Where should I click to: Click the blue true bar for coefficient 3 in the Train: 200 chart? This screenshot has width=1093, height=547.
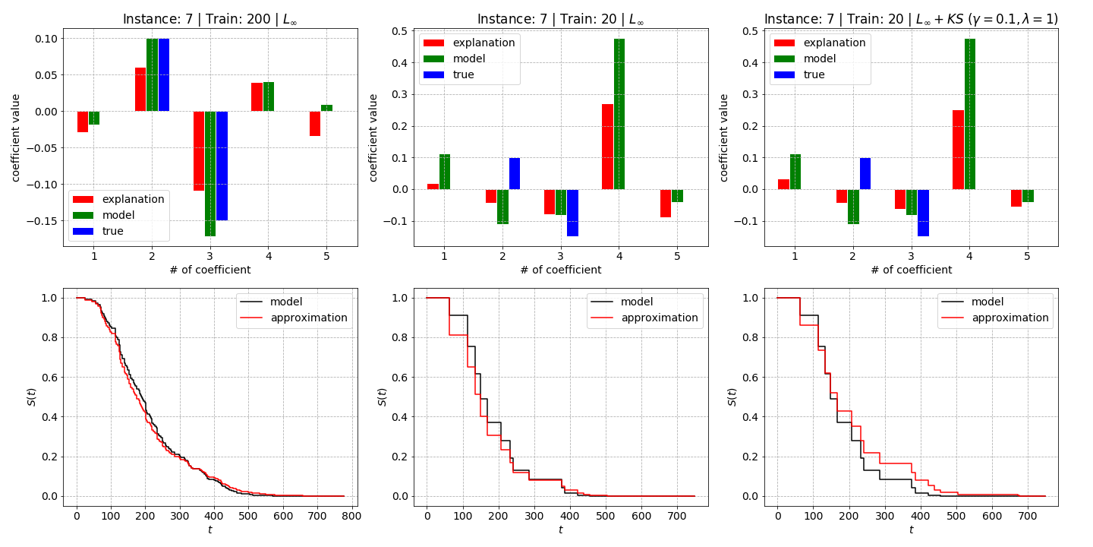click(222, 166)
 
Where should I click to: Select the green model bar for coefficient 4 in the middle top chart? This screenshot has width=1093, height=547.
click(619, 114)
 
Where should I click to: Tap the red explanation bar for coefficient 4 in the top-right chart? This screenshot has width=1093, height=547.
click(959, 150)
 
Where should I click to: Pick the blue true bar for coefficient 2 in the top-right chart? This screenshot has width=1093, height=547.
click(865, 173)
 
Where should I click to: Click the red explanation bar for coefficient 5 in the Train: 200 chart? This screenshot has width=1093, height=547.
click(315, 124)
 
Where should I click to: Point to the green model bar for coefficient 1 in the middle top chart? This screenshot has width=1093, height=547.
click(445, 172)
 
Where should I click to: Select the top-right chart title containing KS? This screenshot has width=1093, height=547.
click(911, 19)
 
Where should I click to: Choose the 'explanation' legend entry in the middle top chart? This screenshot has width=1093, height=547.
click(469, 43)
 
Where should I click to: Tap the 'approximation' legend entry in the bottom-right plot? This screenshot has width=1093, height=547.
click(995, 318)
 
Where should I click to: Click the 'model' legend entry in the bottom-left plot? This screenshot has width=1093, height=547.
click(271, 302)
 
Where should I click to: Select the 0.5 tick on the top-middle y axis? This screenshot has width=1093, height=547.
click(400, 31)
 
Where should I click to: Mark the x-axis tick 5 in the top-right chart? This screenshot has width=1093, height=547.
click(1027, 256)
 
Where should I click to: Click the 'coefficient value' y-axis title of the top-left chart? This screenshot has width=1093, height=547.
click(16, 138)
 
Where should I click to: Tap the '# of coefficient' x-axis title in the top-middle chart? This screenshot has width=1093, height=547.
click(561, 270)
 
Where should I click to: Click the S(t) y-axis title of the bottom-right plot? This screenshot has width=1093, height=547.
click(732, 397)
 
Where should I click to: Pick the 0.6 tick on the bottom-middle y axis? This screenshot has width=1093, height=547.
click(400, 378)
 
